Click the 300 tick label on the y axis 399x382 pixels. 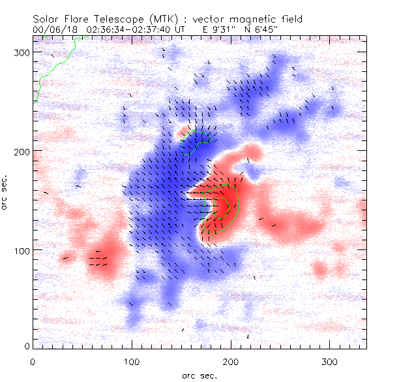(24, 53)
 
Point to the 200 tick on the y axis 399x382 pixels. (24, 151)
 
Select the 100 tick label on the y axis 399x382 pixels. (24, 251)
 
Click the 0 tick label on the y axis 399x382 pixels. (28, 344)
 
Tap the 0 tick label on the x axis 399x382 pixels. (33, 361)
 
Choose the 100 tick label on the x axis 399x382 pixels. (132, 361)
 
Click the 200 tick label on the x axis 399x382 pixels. (231, 361)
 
